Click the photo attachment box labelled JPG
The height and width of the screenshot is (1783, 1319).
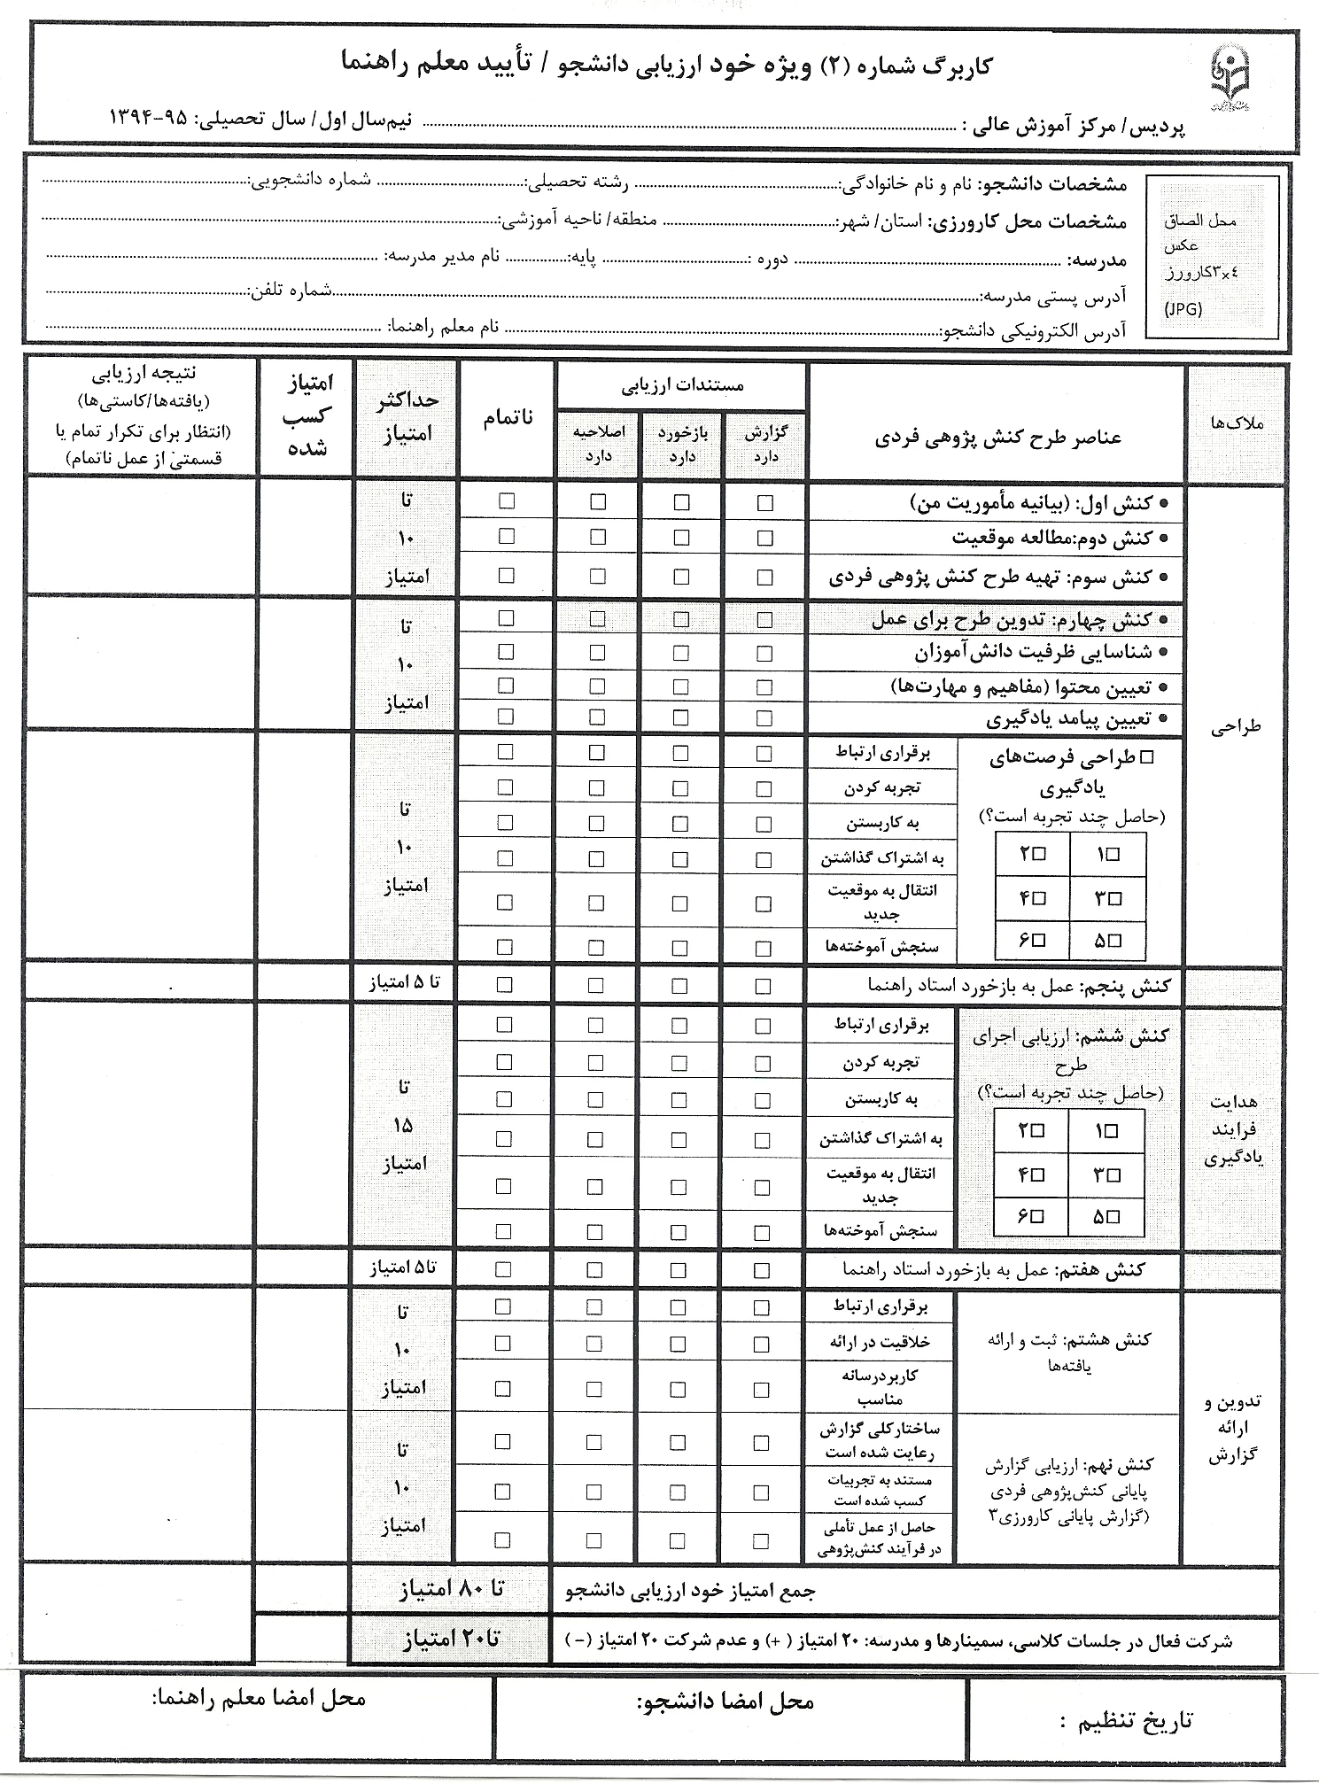1212,258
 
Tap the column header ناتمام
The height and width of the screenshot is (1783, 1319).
508,418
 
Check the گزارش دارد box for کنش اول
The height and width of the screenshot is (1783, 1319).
765,503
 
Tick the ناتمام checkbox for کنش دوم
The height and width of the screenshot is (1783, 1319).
506,536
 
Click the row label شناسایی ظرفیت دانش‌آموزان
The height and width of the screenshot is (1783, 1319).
1033,653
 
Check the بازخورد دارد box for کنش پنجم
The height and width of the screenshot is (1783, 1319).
679,985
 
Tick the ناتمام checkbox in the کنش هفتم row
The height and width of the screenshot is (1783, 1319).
503,1269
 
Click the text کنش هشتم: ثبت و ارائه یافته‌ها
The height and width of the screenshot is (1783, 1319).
1069,1352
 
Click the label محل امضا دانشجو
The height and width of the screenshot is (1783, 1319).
725,1702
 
